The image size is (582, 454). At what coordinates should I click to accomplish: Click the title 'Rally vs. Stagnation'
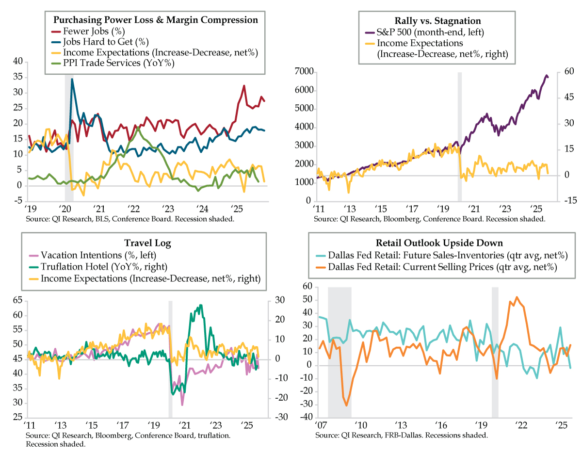tap(438, 21)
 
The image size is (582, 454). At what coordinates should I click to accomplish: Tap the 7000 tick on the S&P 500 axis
tap(304, 72)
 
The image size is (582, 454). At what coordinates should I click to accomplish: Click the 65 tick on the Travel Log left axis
tap(17, 301)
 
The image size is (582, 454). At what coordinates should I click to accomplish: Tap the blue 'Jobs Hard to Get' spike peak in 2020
tap(72, 79)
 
